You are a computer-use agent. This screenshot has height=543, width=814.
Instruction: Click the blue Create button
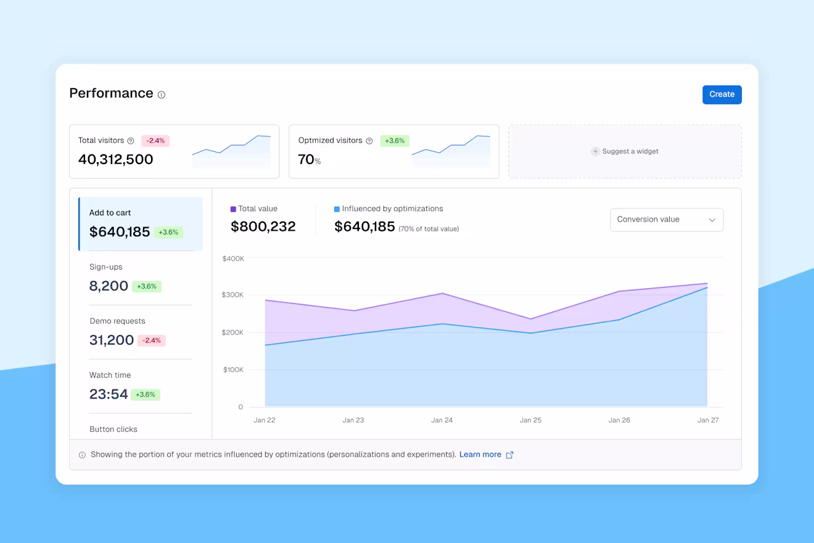721,94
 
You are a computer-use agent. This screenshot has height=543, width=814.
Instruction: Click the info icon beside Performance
162,95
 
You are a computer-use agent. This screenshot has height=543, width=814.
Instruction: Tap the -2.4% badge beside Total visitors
155,141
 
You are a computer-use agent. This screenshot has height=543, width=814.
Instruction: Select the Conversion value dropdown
667,220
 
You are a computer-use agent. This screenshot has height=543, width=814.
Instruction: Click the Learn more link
480,455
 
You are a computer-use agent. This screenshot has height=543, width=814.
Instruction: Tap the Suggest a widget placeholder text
630,151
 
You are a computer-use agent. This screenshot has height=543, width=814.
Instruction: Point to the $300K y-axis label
232,294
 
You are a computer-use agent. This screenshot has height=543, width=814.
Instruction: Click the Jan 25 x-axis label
530,420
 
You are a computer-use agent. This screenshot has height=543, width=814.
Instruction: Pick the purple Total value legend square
233,209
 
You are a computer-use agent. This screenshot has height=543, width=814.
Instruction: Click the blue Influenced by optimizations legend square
337,209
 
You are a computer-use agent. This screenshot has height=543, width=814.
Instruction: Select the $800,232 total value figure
263,226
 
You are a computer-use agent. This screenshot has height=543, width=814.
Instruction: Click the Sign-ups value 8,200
109,286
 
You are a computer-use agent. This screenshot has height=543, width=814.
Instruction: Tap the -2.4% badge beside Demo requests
151,341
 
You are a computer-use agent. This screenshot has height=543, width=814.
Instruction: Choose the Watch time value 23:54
109,394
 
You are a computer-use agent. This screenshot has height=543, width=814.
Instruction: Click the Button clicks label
113,429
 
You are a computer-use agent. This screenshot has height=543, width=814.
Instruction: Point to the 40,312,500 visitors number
115,159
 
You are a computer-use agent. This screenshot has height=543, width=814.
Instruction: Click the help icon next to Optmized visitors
369,141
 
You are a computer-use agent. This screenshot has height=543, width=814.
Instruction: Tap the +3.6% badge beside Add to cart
168,232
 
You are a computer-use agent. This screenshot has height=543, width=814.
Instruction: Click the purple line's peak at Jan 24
442,293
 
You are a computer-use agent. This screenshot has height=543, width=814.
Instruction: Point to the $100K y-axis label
233,370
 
